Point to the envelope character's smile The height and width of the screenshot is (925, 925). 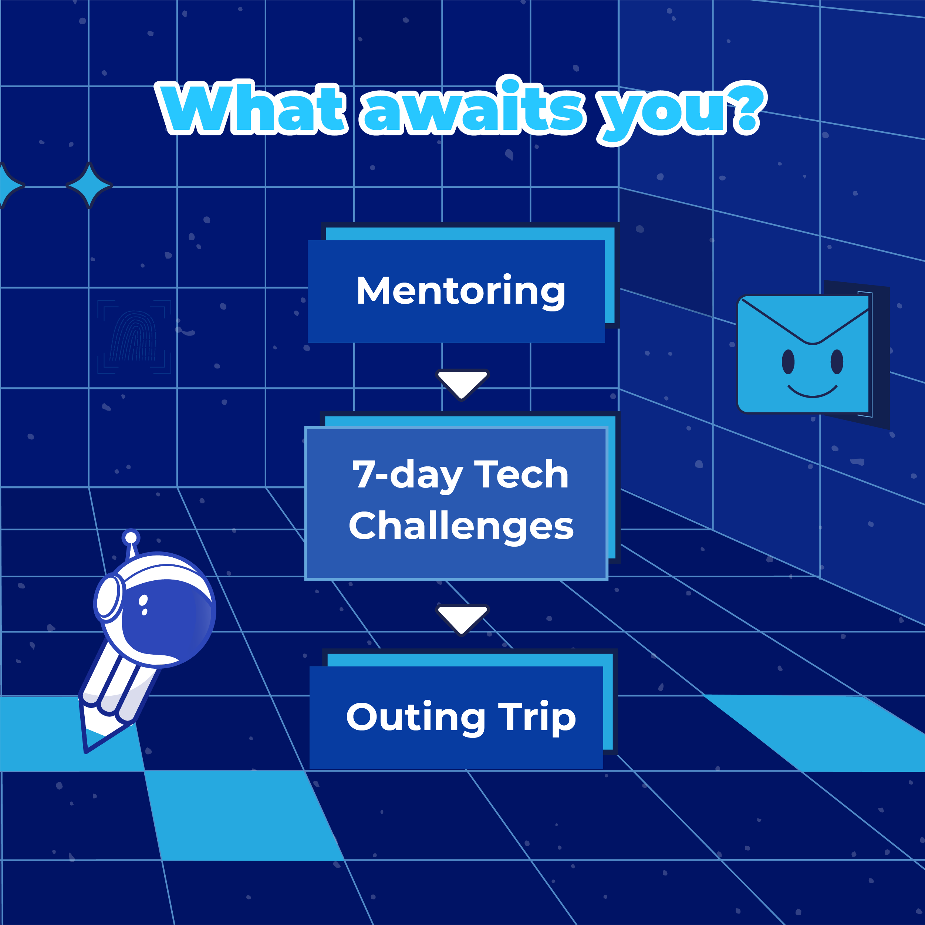click(813, 392)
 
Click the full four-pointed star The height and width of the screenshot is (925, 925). click(89, 185)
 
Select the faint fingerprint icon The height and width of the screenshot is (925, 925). click(134, 336)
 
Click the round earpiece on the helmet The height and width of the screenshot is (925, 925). click(109, 598)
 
